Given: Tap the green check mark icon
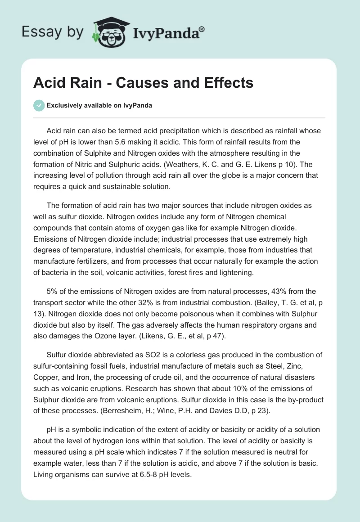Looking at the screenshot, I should click(39, 105).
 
